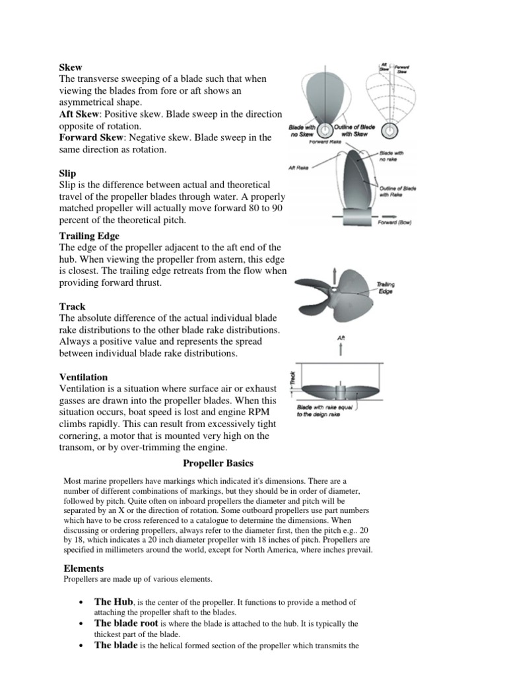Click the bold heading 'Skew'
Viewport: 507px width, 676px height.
(x=71, y=67)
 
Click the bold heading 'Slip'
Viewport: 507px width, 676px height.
(x=67, y=174)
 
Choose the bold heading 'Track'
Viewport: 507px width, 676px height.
(x=72, y=306)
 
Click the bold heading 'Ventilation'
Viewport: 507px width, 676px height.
(x=84, y=376)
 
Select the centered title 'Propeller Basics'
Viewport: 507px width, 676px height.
(x=218, y=463)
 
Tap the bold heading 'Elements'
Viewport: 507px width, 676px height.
(x=83, y=568)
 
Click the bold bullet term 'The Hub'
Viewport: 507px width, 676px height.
(x=114, y=602)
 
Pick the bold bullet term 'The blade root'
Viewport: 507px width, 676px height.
(x=126, y=623)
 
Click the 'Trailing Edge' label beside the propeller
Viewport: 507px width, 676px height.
(x=386, y=288)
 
